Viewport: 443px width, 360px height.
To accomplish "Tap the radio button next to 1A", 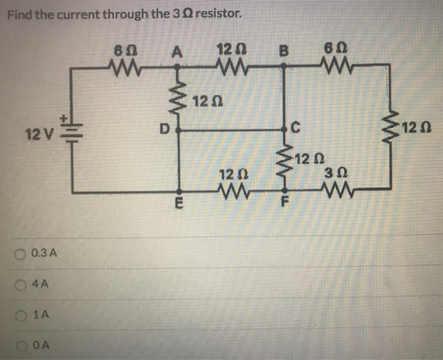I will point(23,314).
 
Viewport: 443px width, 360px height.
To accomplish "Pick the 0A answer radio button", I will point(23,345).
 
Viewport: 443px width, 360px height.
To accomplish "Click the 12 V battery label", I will point(37,134).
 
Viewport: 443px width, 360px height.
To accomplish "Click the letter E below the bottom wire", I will point(180,204).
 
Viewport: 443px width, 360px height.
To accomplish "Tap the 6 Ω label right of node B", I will point(332,49).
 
